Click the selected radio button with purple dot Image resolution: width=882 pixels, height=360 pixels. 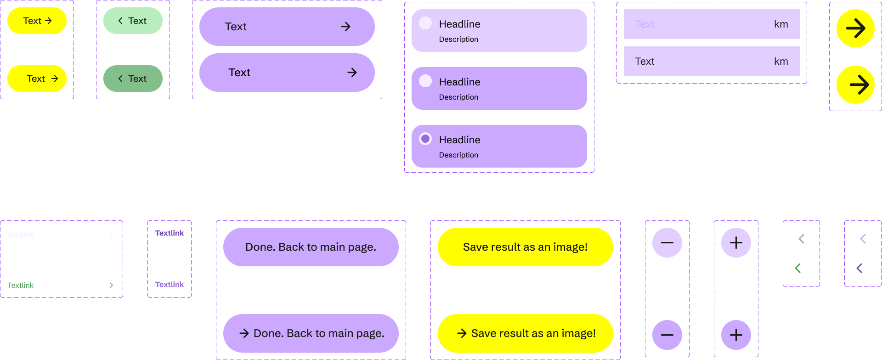pyautogui.click(x=425, y=139)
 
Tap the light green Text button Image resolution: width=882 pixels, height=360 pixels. pyautogui.click(x=133, y=21)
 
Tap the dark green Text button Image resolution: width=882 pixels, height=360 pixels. pyautogui.click(x=133, y=79)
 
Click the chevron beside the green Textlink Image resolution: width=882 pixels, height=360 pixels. pyautogui.click(x=111, y=285)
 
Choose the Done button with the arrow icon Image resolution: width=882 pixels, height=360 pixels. pyautogui.click(x=311, y=333)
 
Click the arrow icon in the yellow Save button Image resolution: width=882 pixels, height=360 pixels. pyautogui.click(x=462, y=333)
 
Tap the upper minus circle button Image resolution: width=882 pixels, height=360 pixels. pyautogui.click(x=667, y=242)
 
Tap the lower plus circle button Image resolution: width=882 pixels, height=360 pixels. pyautogui.click(x=736, y=335)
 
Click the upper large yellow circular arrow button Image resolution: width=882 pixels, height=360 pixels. pyautogui.click(x=855, y=28)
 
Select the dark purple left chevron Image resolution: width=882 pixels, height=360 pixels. pyautogui.click(x=859, y=268)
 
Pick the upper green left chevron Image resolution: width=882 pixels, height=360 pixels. pyautogui.click(x=802, y=239)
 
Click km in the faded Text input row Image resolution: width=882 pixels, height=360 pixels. pyautogui.click(x=781, y=24)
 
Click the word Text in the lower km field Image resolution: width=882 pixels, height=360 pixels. pyautogui.click(x=645, y=62)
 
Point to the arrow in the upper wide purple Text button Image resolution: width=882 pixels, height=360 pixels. pyautogui.click(x=346, y=27)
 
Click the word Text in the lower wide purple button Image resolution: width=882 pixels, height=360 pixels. pyautogui.click(x=239, y=73)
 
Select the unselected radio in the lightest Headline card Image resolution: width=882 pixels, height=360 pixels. pyautogui.click(x=425, y=23)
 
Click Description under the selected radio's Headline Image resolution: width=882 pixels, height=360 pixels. pyautogui.click(x=458, y=155)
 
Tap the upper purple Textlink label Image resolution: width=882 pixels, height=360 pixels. pyautogui.click(x=170, y=233)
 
